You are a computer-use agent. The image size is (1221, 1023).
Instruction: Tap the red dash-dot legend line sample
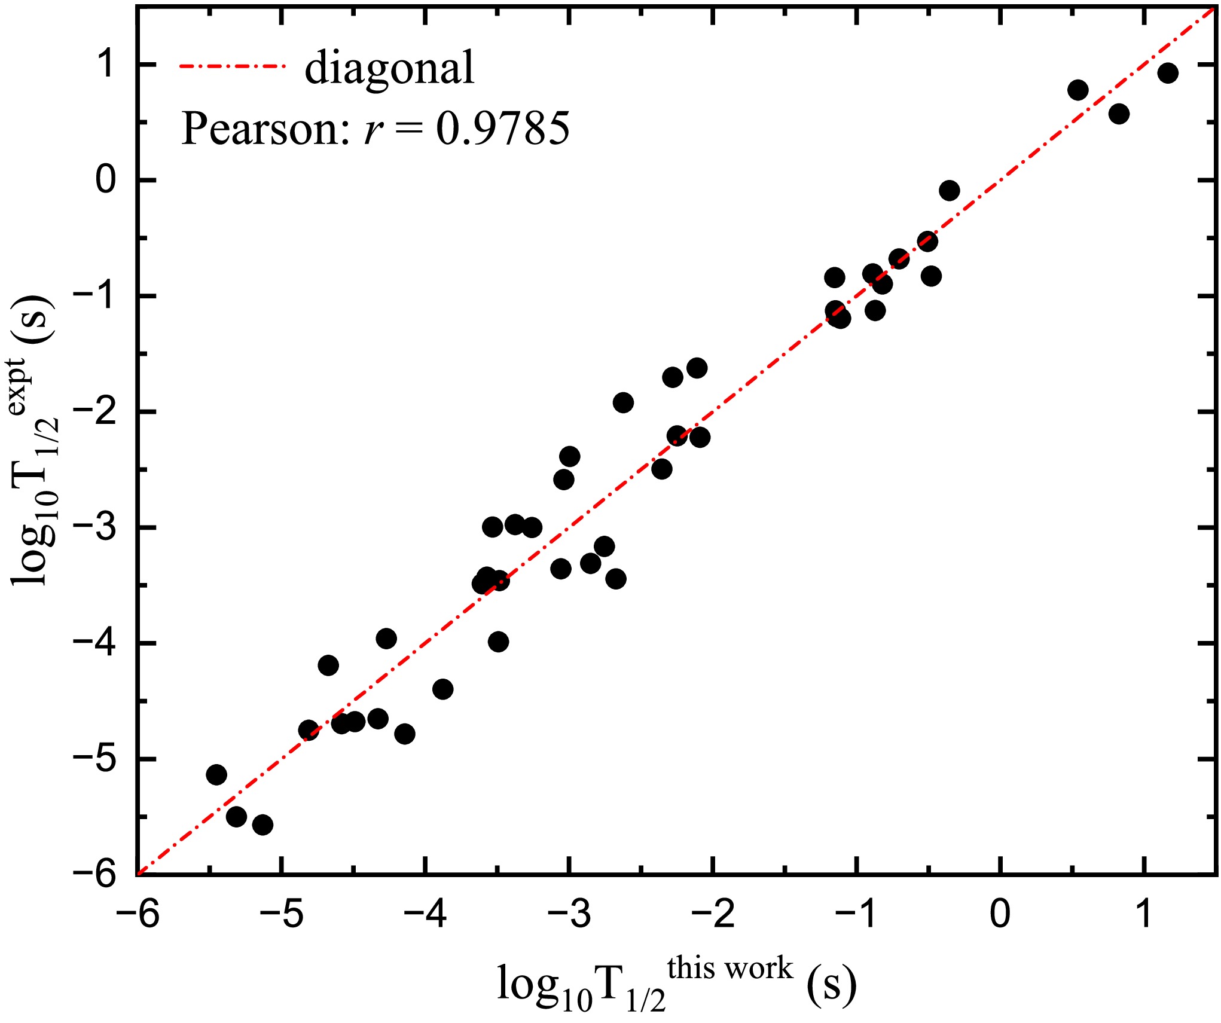(233, 66)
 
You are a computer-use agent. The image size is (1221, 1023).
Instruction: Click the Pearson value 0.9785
(502, 129)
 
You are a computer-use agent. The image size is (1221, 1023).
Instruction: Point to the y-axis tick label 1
(107, 64)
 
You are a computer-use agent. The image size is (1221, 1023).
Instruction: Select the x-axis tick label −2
(713, 914)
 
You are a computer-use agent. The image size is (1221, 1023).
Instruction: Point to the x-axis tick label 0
(1000, 914)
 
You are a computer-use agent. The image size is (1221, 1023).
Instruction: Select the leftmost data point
(216, 775)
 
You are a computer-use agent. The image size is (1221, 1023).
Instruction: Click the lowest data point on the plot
(262, 825)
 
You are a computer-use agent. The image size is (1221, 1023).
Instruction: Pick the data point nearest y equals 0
(950, 191)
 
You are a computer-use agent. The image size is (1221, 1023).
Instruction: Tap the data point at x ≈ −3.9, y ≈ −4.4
(442, 689)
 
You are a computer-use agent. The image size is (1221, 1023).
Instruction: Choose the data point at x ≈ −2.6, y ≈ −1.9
(623, 402)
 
